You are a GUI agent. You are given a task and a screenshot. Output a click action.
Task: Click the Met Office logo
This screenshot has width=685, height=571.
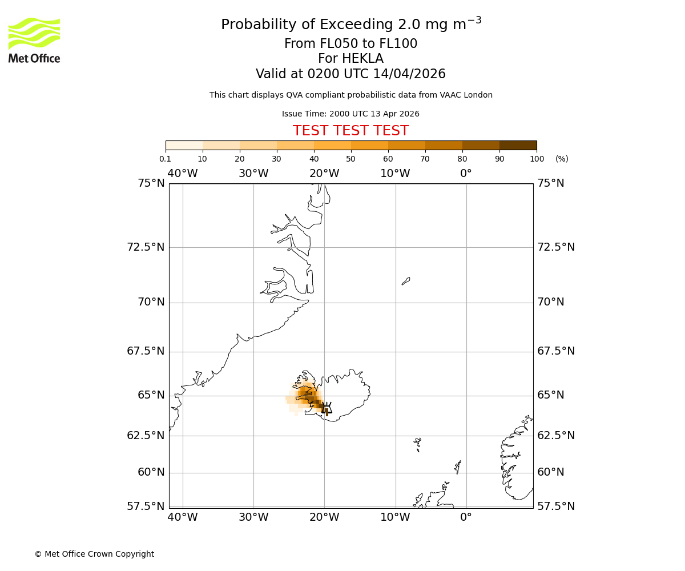pos(34,40)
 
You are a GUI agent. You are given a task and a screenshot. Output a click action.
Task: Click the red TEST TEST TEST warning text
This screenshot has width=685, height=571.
pos(350,131)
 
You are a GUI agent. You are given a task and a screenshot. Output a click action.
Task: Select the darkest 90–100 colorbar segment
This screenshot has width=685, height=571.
pos(518,145)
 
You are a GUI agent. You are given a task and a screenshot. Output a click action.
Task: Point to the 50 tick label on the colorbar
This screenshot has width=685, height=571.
pos(350,159)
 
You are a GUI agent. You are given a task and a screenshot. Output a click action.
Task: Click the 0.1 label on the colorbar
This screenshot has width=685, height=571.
pos(165,159)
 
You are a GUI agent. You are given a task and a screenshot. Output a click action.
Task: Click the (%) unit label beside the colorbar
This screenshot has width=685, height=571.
pos(562,159)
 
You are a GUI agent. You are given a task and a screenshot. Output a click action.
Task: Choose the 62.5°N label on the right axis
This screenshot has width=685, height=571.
pos(556,435)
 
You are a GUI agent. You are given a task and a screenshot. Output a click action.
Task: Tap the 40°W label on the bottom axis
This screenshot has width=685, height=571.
pos(183,517)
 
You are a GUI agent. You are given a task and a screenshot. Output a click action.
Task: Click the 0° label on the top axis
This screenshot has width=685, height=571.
pos(466,174)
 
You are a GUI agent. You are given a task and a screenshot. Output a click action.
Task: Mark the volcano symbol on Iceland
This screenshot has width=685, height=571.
pos(327,408)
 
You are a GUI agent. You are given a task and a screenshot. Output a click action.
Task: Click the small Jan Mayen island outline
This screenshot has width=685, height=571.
pos(406,281)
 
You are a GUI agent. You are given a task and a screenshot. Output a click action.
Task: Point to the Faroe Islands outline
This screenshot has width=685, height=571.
pos(418,444)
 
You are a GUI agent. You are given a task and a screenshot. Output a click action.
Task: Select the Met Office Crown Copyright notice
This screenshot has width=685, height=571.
pos(94,554)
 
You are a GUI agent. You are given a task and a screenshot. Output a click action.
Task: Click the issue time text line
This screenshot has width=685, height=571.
pos(350,114)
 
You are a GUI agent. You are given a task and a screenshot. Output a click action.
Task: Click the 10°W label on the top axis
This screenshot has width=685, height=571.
pos(395,174)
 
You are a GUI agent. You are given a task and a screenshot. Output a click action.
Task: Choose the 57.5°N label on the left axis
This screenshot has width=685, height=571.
pos(146,506)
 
